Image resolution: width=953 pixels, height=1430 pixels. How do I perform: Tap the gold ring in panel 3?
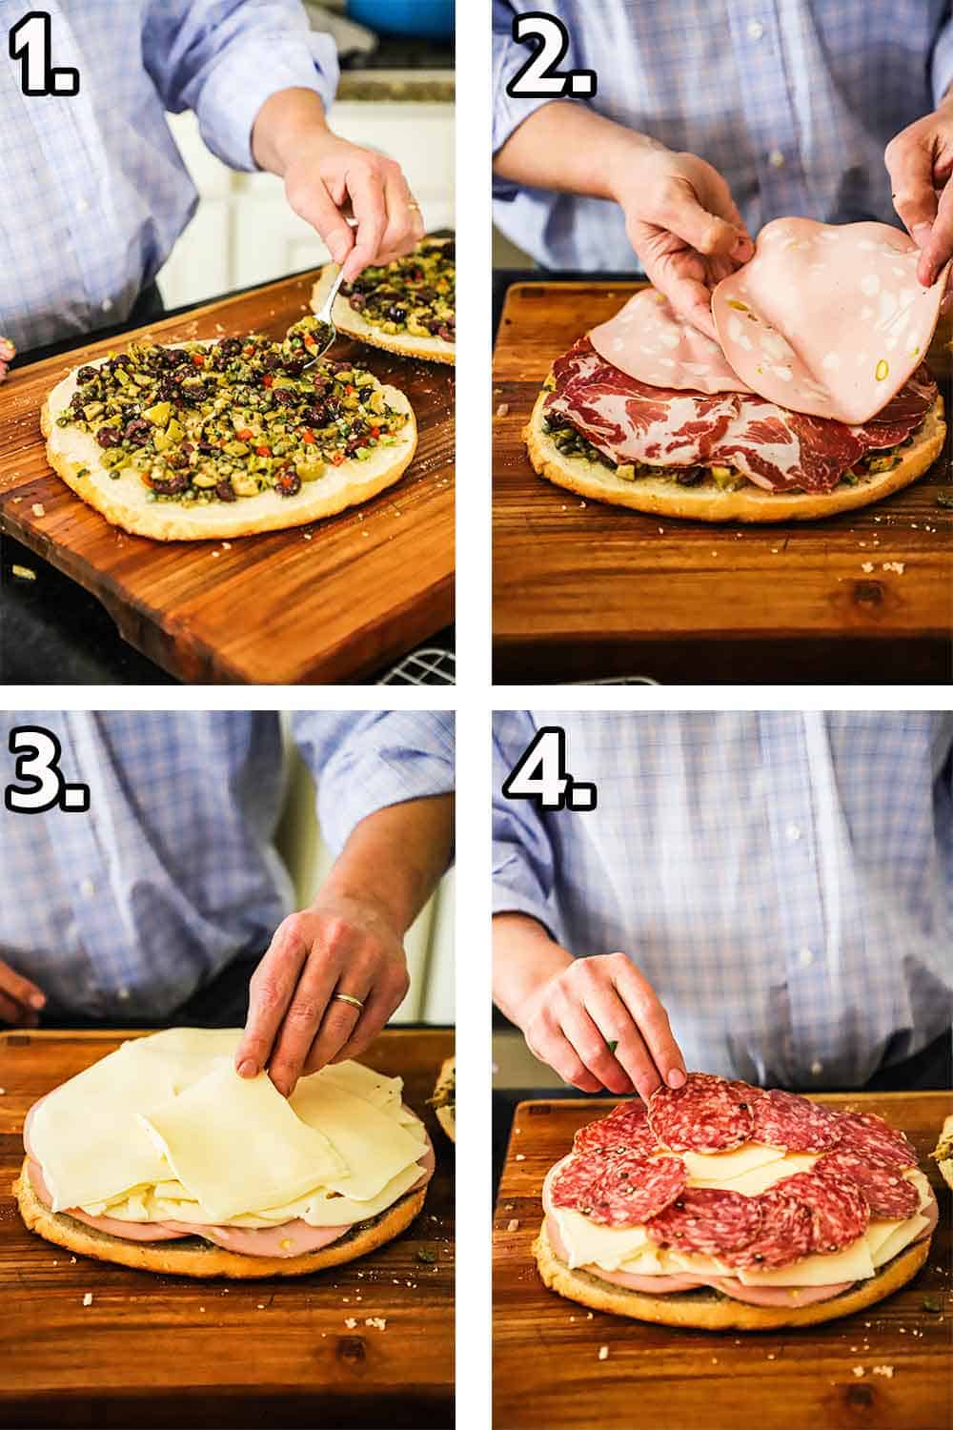click(x=346, y=1000)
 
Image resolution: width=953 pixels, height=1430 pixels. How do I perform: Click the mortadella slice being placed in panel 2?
click(x=820, y=315)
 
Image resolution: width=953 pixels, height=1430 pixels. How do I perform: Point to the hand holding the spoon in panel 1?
click(x=353, y=200)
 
